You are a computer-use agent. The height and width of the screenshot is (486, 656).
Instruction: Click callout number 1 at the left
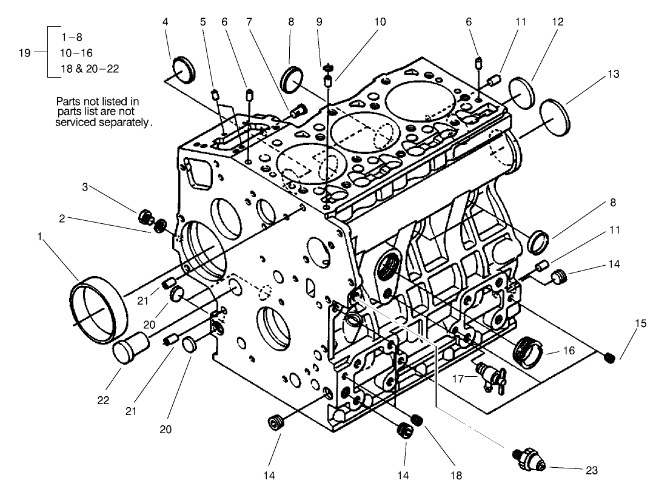pyautogui.click(x=40, y=237)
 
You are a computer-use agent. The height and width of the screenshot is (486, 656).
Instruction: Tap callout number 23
pyautogui.click(x=592, y=469)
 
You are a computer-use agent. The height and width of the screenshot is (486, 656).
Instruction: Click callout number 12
pyautogui.click(x=557, y=22)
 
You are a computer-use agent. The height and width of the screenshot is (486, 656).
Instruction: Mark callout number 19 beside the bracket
pyautogui.click(x=24, y=53)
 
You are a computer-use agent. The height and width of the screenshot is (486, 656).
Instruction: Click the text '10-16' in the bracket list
pyautogui.click(x=77, y=53)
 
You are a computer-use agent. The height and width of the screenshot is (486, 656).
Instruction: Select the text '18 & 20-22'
pyautogui.click(x=90, y=69)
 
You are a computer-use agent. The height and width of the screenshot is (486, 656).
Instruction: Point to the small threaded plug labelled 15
pyautogui.click(x=611, y=357)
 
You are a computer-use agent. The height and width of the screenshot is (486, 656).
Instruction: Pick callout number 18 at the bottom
pyautogui.click(x=455, y=475)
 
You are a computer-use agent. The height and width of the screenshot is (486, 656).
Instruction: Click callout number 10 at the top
pyautogui.click(x=379, y=22)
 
